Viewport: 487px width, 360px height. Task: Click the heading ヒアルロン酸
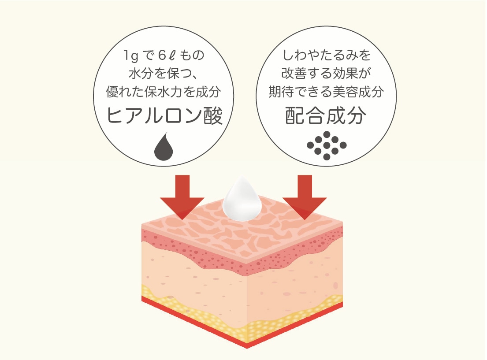pos(164,116)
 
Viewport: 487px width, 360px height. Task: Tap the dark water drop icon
pos(164,147)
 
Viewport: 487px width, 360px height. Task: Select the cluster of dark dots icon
pos(327,145)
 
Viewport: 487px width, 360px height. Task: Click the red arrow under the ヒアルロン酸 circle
pos(182,196)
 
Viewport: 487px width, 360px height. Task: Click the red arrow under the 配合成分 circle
pos(305,196)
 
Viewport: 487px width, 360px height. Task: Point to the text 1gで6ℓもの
pos(164,56)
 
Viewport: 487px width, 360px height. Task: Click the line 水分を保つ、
pos(164,74)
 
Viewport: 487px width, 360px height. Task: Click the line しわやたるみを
pos(327,56)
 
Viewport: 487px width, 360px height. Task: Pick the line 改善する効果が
pos(327,74)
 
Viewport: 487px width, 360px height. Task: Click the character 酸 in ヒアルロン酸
pos(213,116)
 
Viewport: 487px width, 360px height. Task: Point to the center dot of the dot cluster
pos(327,145)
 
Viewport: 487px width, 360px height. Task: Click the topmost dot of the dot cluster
pos(327,134)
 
